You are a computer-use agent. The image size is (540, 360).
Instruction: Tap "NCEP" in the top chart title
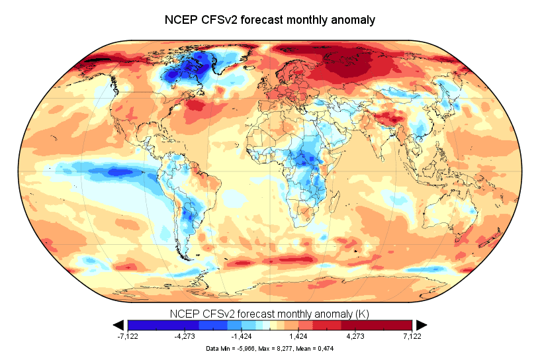[181, 20]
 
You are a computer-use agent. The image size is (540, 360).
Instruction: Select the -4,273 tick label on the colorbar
[185, 336]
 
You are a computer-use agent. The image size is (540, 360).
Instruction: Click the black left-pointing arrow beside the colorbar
[119, 324]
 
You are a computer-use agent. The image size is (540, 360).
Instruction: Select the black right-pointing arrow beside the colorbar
[421, 324]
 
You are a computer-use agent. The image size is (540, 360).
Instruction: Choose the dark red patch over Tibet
[388, 119]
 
